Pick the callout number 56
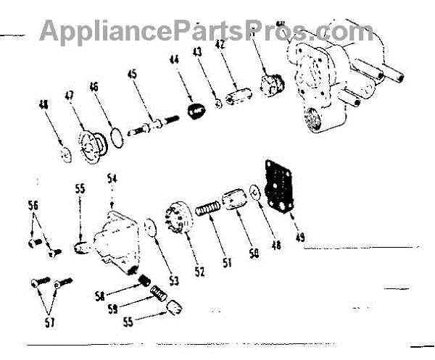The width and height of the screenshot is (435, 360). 33,205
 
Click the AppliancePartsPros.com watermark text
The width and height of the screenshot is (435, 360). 207,30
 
